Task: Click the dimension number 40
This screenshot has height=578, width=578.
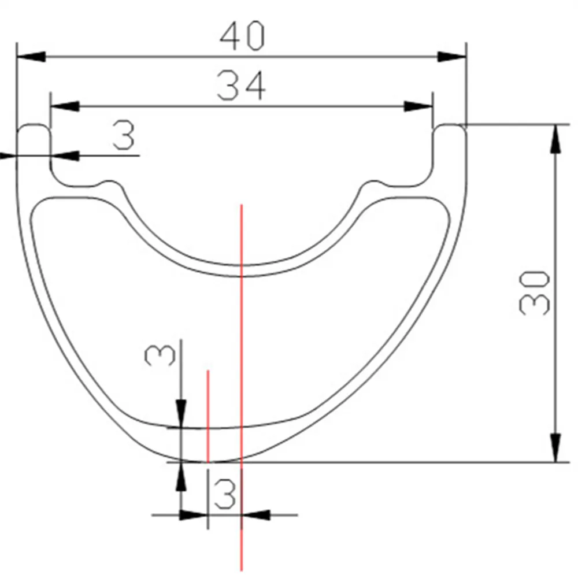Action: (x=242, y=36)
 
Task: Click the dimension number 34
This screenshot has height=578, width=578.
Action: (x=241, y=86)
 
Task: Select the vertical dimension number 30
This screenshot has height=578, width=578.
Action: (x=534, y=293)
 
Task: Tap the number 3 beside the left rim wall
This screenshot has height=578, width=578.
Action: (x=124, y=136)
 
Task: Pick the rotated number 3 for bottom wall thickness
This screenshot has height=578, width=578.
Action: (x=160, y=355)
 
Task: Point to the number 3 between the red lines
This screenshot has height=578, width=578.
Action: (x=224, y=494)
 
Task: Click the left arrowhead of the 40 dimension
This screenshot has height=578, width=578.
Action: (x=31, y=57)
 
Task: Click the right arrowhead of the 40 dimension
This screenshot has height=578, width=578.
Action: (x=452, y=57)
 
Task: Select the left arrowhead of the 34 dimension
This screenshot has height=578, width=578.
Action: (x=65, y=106)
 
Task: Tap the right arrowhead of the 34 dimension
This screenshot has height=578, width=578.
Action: (x=418, y=106)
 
